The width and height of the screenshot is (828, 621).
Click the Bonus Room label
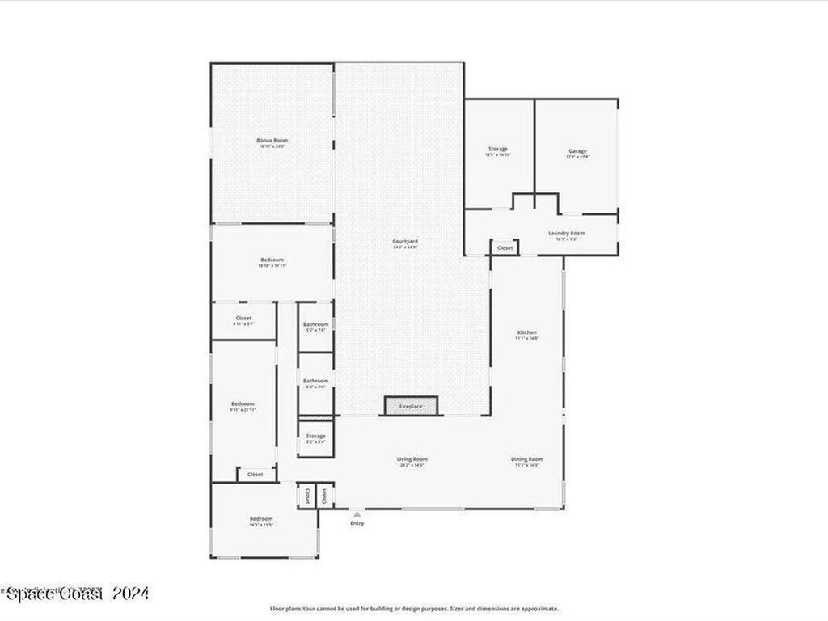click(272, 141)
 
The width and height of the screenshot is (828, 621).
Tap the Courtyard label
click(405, 242)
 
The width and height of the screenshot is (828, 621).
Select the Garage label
click(577, 151)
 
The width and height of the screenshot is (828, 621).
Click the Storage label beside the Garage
click(498, 150)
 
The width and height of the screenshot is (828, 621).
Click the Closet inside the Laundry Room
click(505, 247)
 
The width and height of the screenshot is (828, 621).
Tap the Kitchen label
click(526, 333)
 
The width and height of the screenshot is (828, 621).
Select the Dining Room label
click(526, 460)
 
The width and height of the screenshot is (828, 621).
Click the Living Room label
click(412, 460)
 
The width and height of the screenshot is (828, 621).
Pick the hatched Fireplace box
click(411, 406)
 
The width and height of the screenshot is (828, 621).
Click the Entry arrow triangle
click(357, 513)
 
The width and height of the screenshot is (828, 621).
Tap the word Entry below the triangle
click(357, 523)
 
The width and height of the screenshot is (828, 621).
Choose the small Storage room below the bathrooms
click(315, 437)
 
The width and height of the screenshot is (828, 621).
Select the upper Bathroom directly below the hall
click(315, 326)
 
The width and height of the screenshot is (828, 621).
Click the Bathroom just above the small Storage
click(315, 382)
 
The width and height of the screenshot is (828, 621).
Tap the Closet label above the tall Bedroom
click(243, 319)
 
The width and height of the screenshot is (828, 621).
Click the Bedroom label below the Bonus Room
click(272, 260)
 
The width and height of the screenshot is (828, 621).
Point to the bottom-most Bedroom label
click(260, 519)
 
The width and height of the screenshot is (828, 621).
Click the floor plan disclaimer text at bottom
click(414, 609)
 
